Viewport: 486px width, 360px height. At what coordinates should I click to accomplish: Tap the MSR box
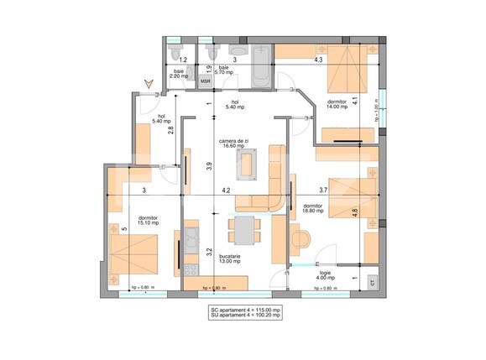[x=204, y=82]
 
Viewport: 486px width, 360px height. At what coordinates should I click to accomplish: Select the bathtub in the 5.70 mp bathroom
[x=259, y=70]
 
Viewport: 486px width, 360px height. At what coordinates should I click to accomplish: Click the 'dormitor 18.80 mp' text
[x=313, y=209]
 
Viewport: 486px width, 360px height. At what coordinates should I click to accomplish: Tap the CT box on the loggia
[x=372, y=283]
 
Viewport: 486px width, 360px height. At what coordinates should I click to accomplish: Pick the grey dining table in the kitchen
[x=244, y=228]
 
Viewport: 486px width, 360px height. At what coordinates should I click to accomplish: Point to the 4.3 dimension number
[x=318, y=60]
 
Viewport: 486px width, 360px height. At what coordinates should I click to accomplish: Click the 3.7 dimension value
[x=323, y=190]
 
